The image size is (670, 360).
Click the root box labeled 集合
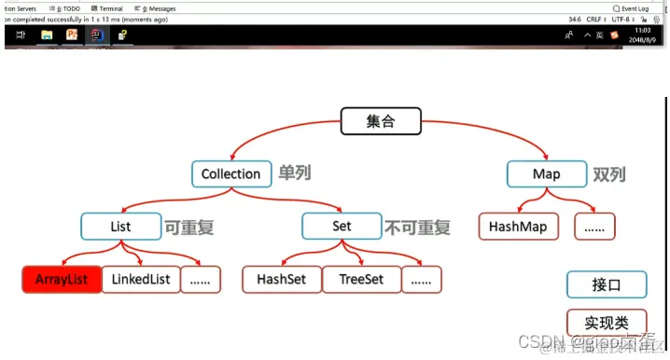(x=380, y=120)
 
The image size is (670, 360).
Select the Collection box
(x=230, y=173)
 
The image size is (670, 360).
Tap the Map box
(x=547, y=173)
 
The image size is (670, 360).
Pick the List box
(x=120, y=227)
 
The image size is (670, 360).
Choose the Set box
(x=342, y=227)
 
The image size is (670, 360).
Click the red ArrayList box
(x=61, y=279)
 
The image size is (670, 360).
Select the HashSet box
(x=281, y=279)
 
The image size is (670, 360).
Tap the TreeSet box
(x=361, y=279)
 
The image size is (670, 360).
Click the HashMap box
(x=518, y=226)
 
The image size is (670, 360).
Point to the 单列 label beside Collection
(x=295, y=173)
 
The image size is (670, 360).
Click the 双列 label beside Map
(x=609, y=173)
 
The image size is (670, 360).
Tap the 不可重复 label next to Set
(x=417, y=227)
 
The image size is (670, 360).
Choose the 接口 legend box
(x=606, y=284)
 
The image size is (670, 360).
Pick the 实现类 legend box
(x=606, y=323)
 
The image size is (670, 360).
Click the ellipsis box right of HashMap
(x=594, y=226)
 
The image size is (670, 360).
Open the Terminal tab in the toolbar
(x=109, y=7)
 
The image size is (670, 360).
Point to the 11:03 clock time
(x=643, y=30)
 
